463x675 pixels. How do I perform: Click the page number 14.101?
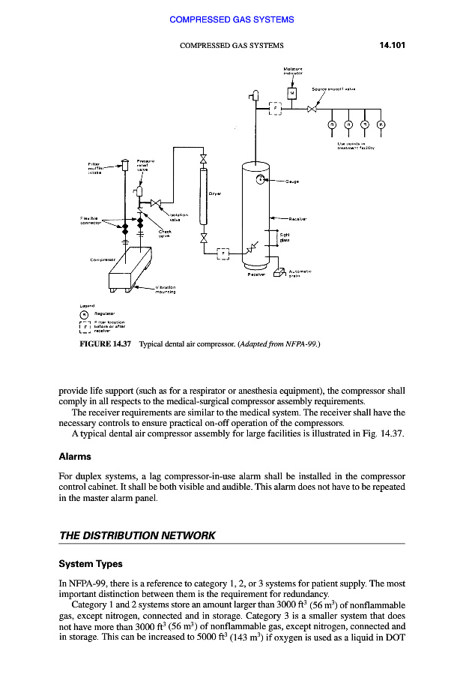[387, 45]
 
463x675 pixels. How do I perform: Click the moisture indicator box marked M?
[292, 93]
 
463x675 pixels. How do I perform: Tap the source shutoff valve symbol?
[313, 109]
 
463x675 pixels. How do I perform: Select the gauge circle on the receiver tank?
[261, 179]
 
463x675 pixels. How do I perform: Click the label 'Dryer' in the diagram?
[214, 193]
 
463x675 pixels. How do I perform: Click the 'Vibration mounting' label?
[166, 289]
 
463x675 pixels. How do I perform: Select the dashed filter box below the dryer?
[223, 253]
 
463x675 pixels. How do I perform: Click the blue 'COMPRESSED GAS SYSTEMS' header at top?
[231, 19]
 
